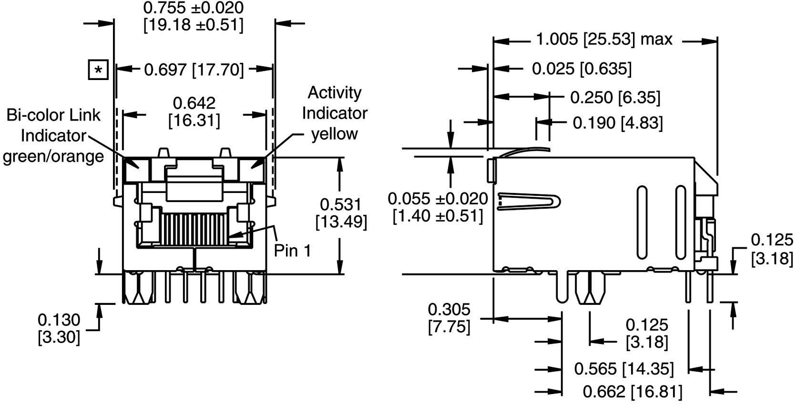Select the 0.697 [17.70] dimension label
(194, 70)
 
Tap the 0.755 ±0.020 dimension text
(194, 8)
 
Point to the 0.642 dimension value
(194, 103)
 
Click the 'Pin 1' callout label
(292, 250)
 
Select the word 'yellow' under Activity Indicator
(334, 134)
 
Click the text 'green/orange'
(53, 156)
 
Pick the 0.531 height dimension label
(340, 204)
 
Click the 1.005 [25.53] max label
(604, 40)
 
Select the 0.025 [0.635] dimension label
(582, 69)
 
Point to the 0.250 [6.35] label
(615, 98)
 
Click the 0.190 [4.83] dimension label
(617, 123)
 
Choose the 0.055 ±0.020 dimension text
(438, 198)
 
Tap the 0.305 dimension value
(449, 310)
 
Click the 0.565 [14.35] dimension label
(623, 368)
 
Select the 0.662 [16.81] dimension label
(633, 392)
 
